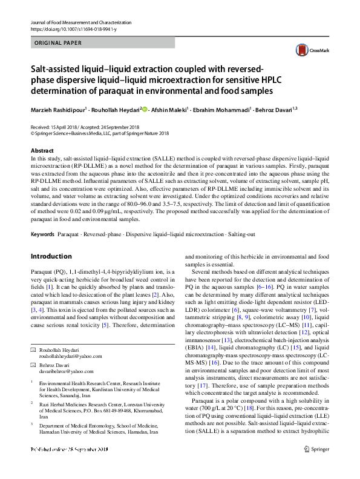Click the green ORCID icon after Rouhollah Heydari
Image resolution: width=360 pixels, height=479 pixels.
(x=145, y=110)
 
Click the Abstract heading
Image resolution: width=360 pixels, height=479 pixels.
(x=42, y=150)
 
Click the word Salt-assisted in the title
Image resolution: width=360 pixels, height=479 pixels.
(x=58, y=68)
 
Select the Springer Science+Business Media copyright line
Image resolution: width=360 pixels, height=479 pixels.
(x=99, y=134)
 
